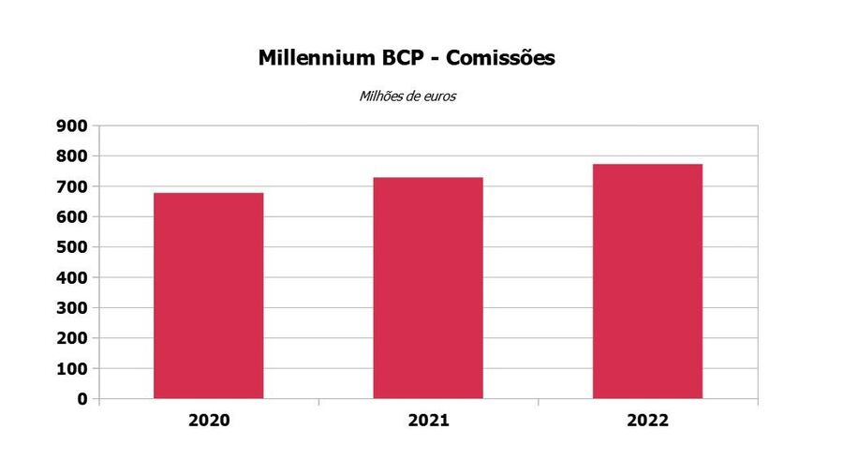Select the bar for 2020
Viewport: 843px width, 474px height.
(x=208, y=296)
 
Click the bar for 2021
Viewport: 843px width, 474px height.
(x=428, y=288)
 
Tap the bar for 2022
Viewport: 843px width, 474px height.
(x=647, y=281)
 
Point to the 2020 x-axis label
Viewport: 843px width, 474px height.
(x=208, y=421)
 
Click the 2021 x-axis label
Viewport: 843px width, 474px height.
(x=428, y=421)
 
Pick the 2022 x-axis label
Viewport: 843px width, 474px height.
(x=647, y=421)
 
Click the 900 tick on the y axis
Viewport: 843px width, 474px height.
(x=70, y=126)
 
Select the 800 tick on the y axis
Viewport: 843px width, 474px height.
(x=70, y=156)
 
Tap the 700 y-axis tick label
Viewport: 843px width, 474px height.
(x=70, y=186)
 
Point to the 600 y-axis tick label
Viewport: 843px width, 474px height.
(x=70, y=216)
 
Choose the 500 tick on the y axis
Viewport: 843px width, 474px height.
(x=70, y=247)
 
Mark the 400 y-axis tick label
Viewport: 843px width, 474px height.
(x=70, y=277)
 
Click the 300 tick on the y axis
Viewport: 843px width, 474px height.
(x=70, y=308)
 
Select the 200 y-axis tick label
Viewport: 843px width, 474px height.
(x=70, y=338)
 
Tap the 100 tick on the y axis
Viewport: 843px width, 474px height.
(x=70, y=369)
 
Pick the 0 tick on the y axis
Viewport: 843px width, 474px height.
(x=82, y=399)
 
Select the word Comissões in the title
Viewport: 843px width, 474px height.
(x=501, y=58)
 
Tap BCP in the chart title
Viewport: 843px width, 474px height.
(x=401, y=58)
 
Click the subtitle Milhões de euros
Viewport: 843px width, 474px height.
(x=407, y=96)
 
